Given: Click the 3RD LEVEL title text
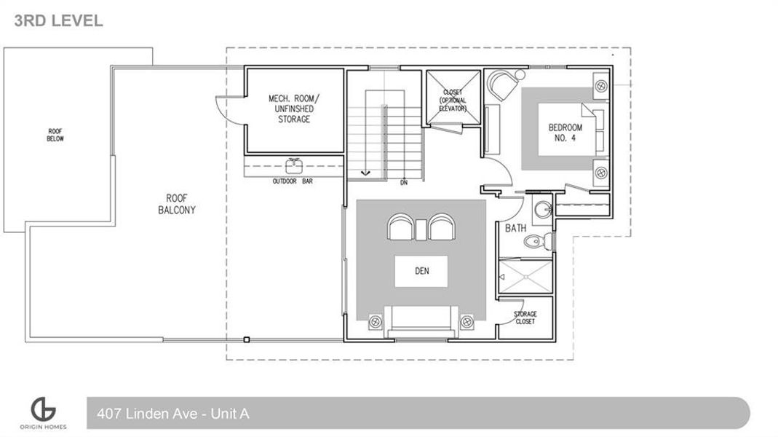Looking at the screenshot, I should tap(59, 20).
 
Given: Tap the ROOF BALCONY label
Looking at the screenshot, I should tap(177, 203).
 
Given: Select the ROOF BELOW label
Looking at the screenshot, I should tap(55, 134).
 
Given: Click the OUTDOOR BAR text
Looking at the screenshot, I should tap(293, 181).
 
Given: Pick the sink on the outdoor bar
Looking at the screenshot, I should tap(295, 163).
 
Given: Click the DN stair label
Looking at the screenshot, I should tap(404, 183).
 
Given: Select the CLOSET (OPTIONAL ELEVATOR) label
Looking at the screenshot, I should tap(452, 100).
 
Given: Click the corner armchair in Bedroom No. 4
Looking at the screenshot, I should tap(504, 85).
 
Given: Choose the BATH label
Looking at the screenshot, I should tap(516, 228).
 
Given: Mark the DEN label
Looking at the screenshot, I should tap(421, 271).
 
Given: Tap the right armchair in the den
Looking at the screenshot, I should tap(441, 227).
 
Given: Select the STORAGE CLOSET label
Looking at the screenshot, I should tap(525, 318).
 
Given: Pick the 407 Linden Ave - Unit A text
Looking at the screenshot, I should tap(173, 414).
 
